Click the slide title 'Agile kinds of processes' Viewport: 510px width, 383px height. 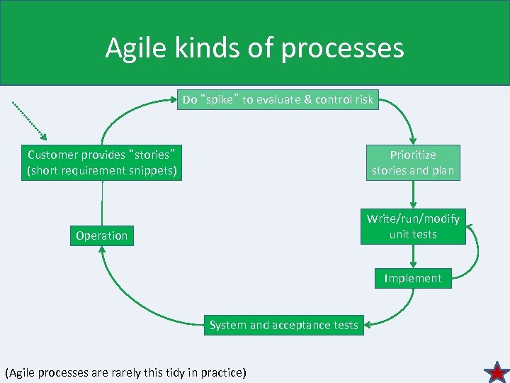[x=254, y=48]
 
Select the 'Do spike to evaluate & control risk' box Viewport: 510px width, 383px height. [x=278, y=100]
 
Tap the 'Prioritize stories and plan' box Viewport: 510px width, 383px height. [x=413, y=162]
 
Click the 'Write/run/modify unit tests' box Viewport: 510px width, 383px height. [x=413, y=226]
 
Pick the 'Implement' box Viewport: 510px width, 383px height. [x=413, y=278]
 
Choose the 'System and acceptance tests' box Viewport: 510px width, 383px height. [x=283, y=325]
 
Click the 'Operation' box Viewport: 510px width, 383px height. [x=102, y=235]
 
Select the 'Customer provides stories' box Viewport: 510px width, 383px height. [x=101, y=162]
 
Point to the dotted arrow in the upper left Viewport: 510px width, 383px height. [x=29, y=120]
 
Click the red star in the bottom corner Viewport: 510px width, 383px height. [x=497, y=372]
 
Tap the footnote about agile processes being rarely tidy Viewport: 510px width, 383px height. [x=125, y=372]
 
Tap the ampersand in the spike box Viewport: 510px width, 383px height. [x=307, y=100]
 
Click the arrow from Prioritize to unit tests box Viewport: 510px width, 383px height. [x=413, y=193]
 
